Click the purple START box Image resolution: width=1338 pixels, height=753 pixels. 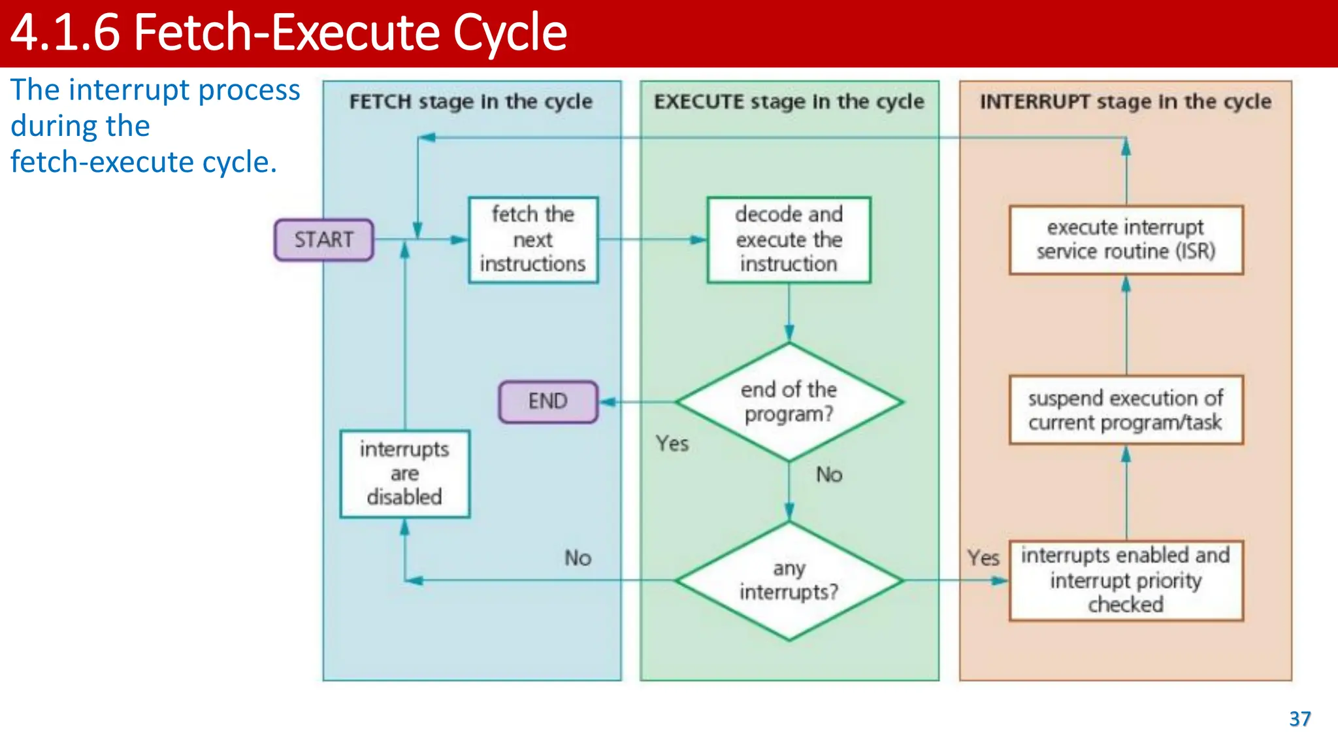tap(323, 240)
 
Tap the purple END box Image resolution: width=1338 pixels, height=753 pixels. tap(547, 401)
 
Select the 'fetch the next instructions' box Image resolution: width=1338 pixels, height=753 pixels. tap(533, 239)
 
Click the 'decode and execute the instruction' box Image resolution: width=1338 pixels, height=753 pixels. tap(789, 239)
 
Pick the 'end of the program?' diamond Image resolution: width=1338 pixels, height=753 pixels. tap(789, 401)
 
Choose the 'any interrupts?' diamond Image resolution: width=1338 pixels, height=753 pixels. tap(789, 580)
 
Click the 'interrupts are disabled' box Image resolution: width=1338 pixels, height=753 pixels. tap(404, 473)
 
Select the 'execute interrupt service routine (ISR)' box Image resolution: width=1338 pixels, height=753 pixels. tap(1126, 239)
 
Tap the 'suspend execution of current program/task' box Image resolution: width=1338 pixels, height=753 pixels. tap(1126, 410)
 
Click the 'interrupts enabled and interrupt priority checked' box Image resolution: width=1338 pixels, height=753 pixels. tap(1126, 580)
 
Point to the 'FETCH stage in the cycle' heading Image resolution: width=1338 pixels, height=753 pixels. tap(470, 102)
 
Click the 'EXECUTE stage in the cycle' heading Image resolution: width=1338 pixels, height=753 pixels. tap(789, 102)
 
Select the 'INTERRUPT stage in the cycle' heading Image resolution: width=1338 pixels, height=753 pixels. tap(1125, 102)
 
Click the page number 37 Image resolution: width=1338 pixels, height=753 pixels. tap(1299, 719)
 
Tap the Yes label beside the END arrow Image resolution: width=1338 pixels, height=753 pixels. tap(672, 444)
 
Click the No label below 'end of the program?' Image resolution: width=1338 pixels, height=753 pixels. tap(829, 475)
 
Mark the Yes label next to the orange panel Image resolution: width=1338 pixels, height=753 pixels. tap(983, 558)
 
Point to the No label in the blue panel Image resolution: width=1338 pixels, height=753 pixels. tap(578, 558)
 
